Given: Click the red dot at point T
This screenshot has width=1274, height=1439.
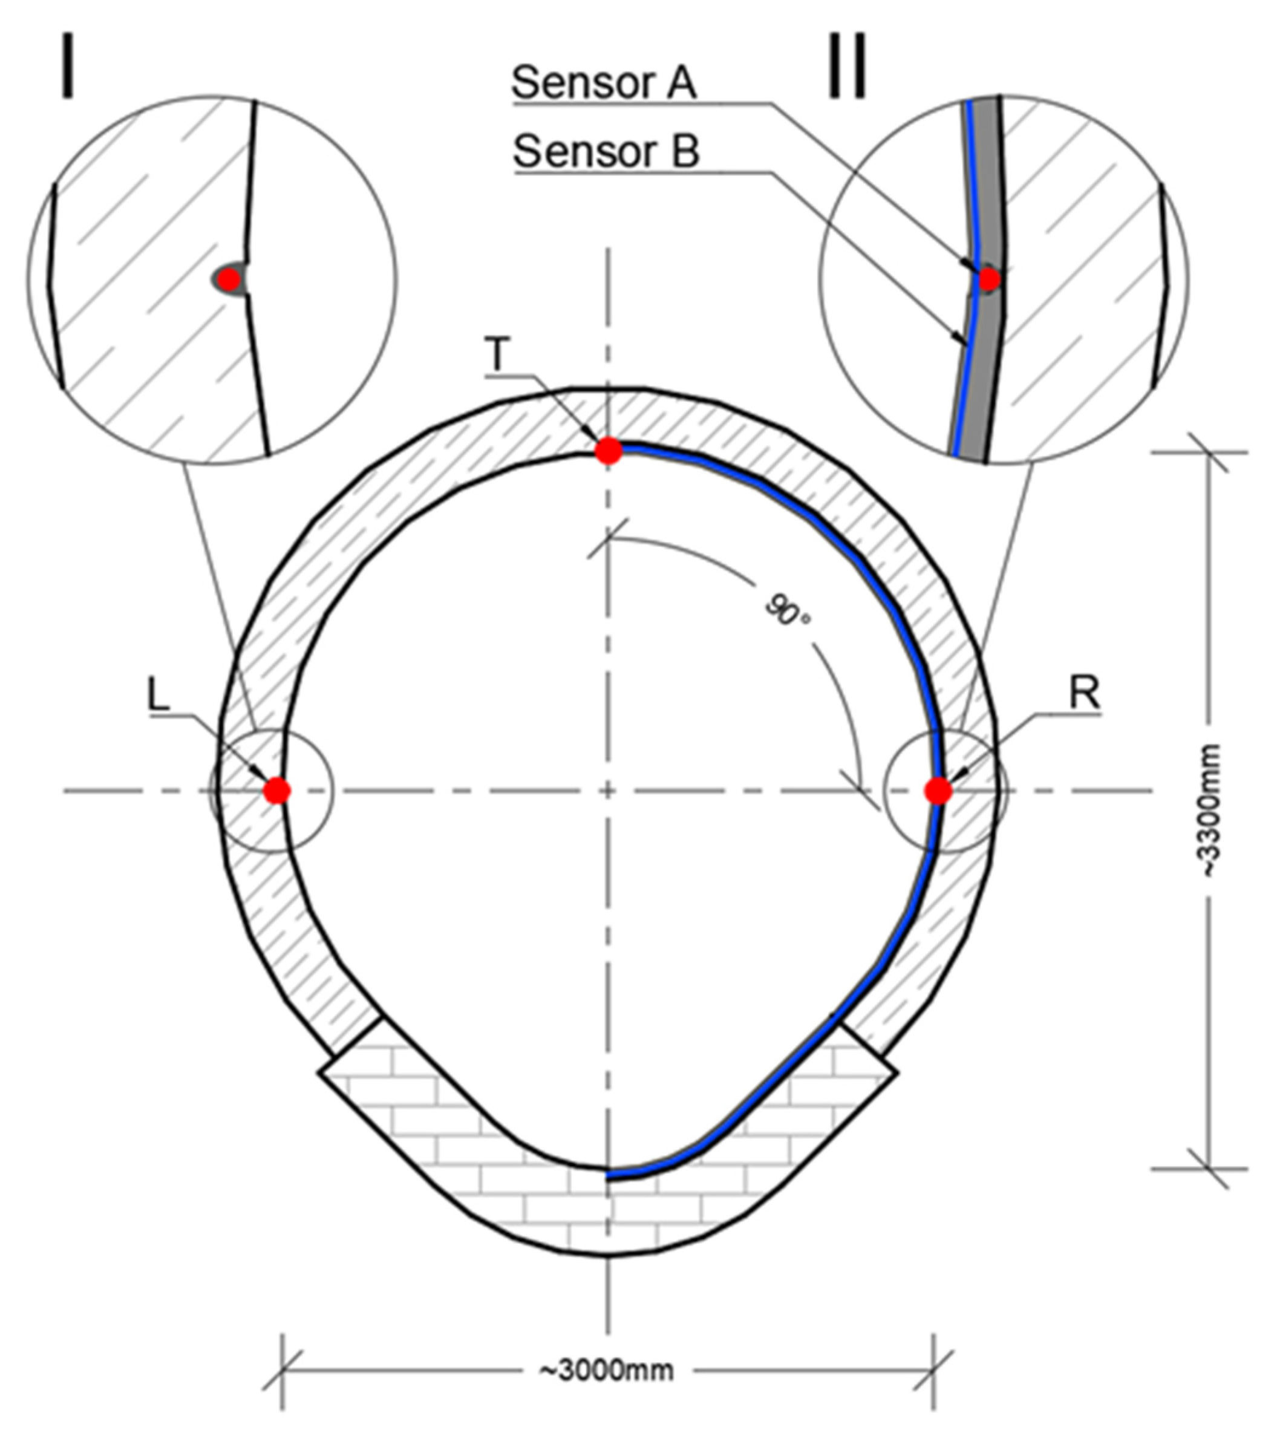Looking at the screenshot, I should pos(609,451).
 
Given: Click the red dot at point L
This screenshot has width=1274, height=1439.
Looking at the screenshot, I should pos(277,791).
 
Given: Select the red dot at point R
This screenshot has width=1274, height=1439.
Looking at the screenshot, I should pos(938,791).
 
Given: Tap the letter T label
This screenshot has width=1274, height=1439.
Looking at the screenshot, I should pos(497,356).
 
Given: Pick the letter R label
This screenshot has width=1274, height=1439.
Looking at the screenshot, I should pos(1085,694).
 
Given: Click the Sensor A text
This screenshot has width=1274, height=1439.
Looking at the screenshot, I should pos(604,83).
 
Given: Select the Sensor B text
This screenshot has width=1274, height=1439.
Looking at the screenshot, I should pos(606,151).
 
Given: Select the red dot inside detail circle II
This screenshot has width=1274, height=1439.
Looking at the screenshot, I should pos(989,279).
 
